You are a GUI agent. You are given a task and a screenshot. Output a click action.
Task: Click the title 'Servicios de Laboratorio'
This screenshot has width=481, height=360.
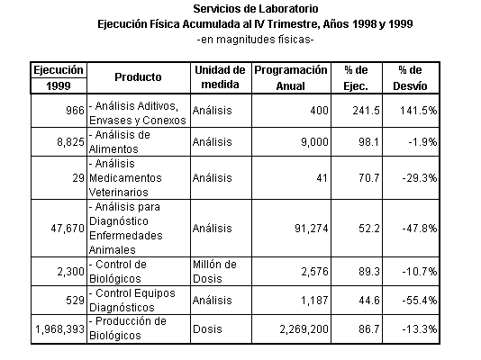coord(256,9)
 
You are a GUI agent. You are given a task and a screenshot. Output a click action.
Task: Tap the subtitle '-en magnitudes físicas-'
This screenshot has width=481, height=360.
coord(255,40)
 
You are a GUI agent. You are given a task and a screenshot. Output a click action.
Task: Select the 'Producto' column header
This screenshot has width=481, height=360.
coord(138,77)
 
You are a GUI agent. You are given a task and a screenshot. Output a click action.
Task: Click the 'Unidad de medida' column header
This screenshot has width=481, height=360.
coord(221,77)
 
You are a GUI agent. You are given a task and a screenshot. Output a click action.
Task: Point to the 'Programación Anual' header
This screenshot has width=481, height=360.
coord(291,77)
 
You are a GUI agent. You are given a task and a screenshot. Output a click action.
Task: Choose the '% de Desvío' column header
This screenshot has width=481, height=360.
coord(410,77)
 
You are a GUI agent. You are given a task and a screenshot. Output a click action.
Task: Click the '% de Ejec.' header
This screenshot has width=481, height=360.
coord(356,77)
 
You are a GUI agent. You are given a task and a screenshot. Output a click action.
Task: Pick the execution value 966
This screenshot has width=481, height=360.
coord(75,111)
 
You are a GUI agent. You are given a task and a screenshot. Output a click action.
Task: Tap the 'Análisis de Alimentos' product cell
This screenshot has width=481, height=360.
coord(120,142)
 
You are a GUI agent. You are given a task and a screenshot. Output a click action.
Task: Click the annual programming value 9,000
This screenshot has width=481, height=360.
coord(314,142)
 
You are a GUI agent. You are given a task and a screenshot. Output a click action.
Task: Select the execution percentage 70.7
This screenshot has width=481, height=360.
coord(369,177)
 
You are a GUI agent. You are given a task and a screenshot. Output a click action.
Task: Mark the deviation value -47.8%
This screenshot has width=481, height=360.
coord(420,229)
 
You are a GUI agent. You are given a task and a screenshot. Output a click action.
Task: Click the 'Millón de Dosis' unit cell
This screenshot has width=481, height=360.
coord(214,272)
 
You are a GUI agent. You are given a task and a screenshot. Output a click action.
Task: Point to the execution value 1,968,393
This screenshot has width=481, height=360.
coord(59,329)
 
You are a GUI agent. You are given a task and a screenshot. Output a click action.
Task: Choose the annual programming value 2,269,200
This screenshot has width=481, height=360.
coord(304,329)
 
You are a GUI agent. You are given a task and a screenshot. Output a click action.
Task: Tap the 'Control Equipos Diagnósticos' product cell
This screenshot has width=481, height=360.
coord(132,301)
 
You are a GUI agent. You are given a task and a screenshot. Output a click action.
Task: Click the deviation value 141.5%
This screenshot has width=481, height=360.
coord(419,111)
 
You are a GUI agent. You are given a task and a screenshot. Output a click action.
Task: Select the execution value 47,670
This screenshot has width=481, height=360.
coord(68,229)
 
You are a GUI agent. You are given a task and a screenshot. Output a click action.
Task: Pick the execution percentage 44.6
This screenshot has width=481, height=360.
coord(369,301)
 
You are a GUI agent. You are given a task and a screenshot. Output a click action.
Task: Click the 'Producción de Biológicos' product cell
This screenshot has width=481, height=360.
coord(128,328)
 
